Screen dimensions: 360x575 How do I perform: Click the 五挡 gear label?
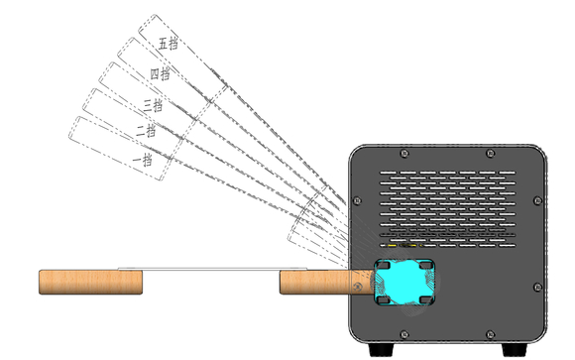pyautogui.click(x=169, y=44)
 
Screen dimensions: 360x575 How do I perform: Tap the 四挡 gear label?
pyautogui.click(x=160, y=73)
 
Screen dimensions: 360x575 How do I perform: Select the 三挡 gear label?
pyautogui.click(x=153, y=103)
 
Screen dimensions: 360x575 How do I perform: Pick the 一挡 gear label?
pyautogui.click(x=142, y=159)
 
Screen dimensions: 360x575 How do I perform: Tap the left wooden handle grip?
pyautogui.click(x=89, y=282)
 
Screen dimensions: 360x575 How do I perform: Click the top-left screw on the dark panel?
pyautogui.click(x=404, y=154)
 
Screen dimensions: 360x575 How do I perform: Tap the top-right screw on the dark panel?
pyautogui.click(x=493, y=154)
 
